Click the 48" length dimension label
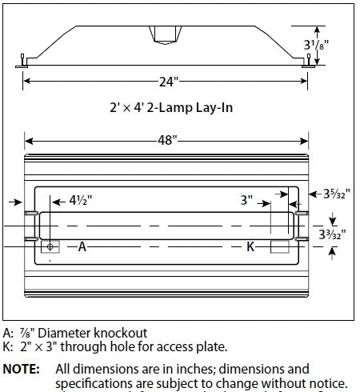pyautogui.click(x=166, y=140)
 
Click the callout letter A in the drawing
pyautogui.click(x=82, y=247)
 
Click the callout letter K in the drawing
pyautogui.click(x=250, y=247)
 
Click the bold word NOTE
pyautogui.click(x=23, y=370)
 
